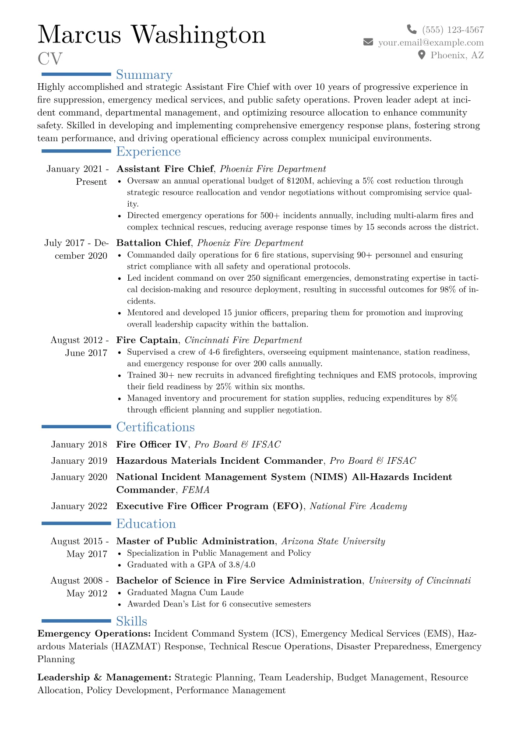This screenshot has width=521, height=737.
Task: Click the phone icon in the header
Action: (x=412, y=29)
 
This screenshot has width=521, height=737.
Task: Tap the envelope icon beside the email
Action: (x=368, y=42)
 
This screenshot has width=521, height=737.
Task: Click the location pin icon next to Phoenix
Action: (x=422, y=55)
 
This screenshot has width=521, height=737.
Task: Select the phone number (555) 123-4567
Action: (x=453, y=30)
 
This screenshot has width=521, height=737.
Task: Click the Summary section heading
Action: (x=144, y=75)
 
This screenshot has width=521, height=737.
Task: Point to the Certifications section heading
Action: (x=155, y=427)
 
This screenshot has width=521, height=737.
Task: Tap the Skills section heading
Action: (x=131, y=621)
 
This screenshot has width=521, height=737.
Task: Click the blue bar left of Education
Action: (x=76, y=523)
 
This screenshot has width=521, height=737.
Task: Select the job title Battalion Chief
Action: (x=154, y=243)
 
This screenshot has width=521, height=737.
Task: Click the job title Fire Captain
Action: (x=147, y=340)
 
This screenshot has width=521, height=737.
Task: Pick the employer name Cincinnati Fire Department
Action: (x=243, y=340)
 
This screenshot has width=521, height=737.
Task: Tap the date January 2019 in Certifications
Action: (x=79, y=461)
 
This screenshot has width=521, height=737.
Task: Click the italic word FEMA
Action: (x=196, y=490)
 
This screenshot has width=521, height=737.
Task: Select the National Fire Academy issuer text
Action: (x=358, y=506)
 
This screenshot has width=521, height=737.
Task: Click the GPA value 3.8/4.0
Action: (x=242, y=565)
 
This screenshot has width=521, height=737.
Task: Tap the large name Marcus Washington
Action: (x=151, y=34)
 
